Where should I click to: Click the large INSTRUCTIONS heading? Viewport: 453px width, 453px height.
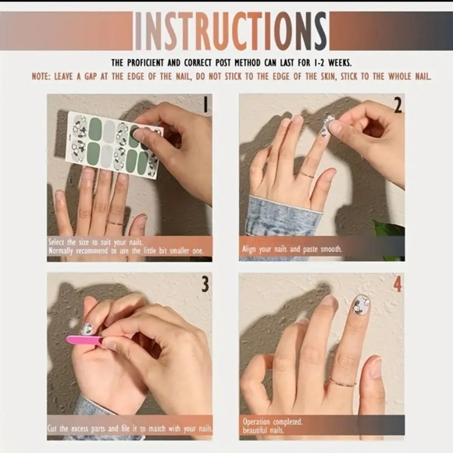click(231, 31)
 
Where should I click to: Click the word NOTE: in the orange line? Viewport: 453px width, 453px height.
click(41, 77)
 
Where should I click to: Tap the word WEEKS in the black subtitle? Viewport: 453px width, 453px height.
click(340, 62)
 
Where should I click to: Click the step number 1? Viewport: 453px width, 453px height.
click(205, 105)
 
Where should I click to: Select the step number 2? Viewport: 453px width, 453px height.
click(398, 105)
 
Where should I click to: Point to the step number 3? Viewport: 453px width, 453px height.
click(205, 284)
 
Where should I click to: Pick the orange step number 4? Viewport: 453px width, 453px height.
click(398, 284)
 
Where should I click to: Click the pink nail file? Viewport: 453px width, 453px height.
click(84, 340)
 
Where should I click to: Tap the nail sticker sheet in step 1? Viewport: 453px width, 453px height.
click(114, 144)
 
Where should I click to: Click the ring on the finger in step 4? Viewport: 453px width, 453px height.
click(343, 382)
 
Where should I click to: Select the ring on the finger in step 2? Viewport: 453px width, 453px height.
click(307, 174)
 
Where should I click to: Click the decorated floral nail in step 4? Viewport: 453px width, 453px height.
click(361, 306)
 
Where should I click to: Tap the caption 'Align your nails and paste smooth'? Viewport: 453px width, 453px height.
click(292, 249)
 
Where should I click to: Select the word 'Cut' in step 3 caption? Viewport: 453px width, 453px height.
click(53, 429)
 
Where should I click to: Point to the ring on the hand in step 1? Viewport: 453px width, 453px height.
click(115, 223)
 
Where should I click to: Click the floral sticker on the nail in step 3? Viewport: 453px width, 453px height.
click(87, 330)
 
